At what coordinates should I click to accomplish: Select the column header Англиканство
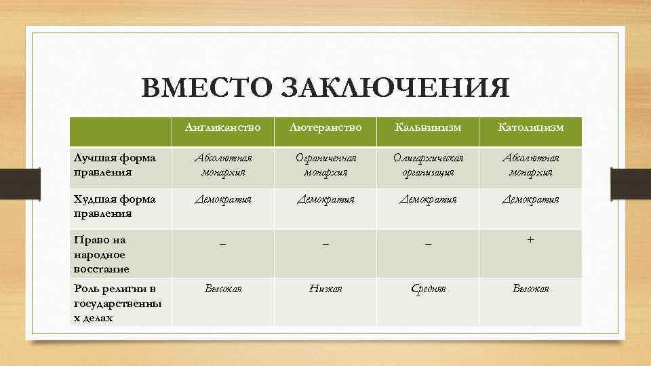(223, 127)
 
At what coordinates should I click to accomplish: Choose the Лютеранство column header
(325, 127)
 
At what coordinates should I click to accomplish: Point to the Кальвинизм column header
(427, 127)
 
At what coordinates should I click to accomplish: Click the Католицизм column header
(530, 127)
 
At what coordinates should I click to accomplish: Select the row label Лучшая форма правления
(114, 165)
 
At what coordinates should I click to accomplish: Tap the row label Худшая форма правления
(114, 206)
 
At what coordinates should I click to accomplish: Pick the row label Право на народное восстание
(102, 254)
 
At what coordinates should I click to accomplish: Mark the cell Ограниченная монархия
(325, 165)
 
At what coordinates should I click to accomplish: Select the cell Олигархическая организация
(427, 165)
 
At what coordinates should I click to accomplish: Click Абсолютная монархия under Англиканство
(223, 165)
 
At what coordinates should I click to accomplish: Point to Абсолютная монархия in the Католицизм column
(530, 165)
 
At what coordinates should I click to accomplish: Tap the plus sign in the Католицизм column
(530, 239)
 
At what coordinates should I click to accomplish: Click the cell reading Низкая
(325, 289)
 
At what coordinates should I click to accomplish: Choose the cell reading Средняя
(427, 289)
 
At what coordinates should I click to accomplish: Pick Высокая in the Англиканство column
(223, 289)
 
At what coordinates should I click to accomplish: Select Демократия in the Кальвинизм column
(427, 199)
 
